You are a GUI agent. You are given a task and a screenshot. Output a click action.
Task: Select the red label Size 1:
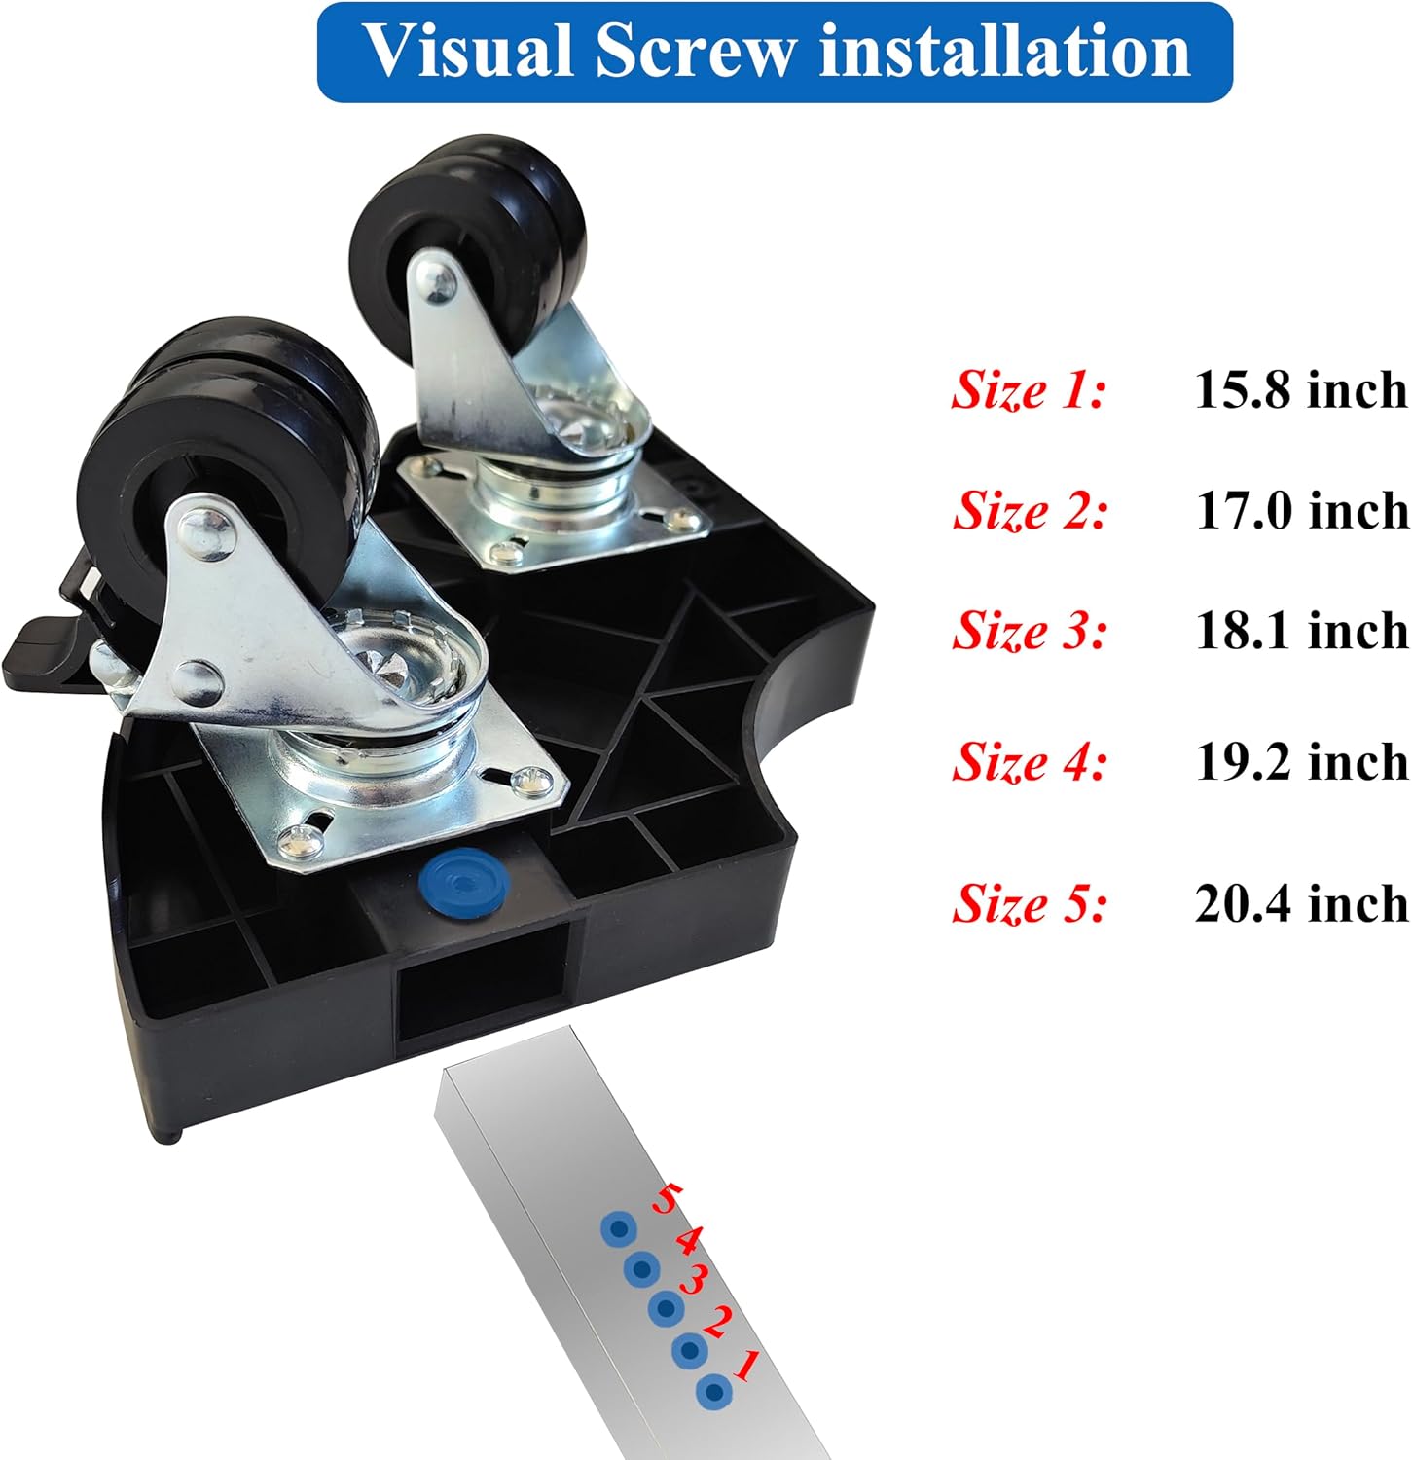pyautogui.click(x=1030, y=391)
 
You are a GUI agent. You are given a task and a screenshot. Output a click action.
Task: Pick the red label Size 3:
pyautogui.click(x=1030, y=631)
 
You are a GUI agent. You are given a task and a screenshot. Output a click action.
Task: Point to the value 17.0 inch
pyautogui.click(x=1302, y=511)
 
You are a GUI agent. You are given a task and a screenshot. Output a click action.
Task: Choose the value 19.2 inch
pyautogui.click(x=1302, y=761)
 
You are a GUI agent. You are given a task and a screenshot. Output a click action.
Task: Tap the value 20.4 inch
pyautogui.click(x=1302, y=904)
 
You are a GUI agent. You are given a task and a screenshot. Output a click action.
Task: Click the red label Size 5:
pyautogui.click(x=1030, y=904)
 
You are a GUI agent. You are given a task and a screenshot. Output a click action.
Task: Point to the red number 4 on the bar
pyautogui.click(x=688, y=1240)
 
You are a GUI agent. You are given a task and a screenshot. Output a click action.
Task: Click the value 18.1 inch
pyautogui.click(x=1302, y=631)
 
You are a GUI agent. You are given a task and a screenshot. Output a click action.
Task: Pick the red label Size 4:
pyautogui.click(x=1030, y=762)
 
